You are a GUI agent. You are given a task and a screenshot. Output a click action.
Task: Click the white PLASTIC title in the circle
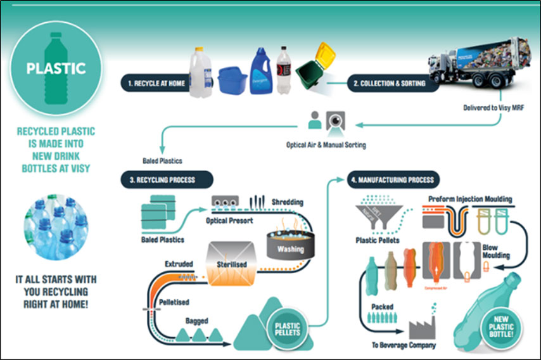(56, 68)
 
